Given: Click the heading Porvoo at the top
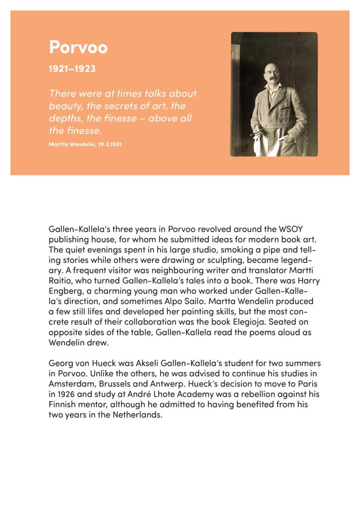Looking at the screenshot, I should click(78, 48).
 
